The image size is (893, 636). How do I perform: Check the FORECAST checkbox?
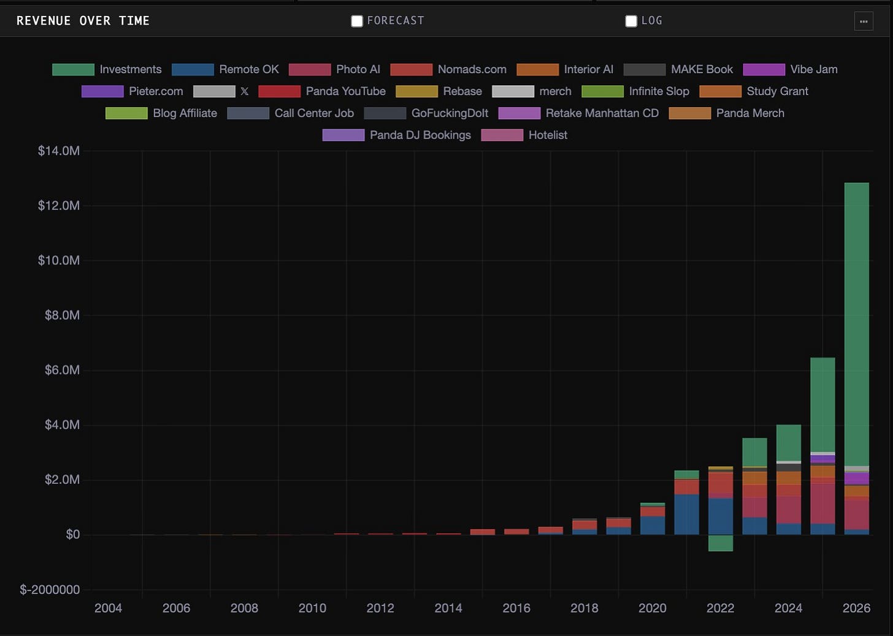click(357, 21)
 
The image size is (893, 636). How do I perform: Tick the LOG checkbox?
click(631, 21)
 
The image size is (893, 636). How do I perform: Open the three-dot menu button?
click(864, 21)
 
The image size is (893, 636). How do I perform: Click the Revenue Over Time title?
click(83, 21)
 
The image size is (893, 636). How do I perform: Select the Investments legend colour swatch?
click(74, 69)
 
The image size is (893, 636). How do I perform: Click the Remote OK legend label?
click(249, 69)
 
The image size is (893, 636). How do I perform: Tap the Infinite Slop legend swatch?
click(602, 91)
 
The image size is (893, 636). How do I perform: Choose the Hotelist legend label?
click(548, 135)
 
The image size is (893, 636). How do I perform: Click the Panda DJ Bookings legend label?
click(420, 135)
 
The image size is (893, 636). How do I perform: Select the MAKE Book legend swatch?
click(644, 69)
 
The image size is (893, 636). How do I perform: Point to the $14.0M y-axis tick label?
click(59, 151)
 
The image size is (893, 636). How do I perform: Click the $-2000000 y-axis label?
click(50, 590)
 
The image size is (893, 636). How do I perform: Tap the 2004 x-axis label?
click(108, 608)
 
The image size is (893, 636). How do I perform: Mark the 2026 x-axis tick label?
click(856, 608)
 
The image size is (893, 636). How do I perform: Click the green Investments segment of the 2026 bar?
click(857, 324)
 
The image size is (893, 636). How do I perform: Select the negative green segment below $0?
click(721, 543)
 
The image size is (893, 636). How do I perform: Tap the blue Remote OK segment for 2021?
click(686, 515)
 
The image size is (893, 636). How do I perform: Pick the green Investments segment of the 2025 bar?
click(823, 405)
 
